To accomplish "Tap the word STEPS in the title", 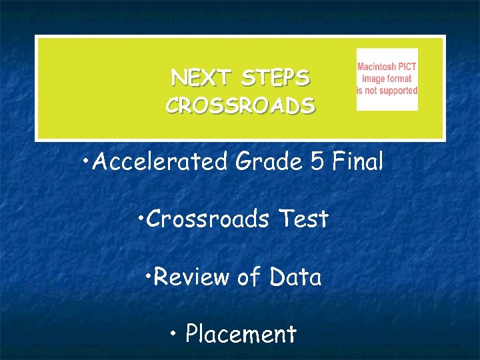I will click(x=275, y=79).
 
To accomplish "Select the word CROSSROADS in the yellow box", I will click(x=240, y=106).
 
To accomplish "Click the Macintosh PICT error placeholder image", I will click(x=387, y=79).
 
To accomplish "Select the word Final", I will click(x=357, y=162).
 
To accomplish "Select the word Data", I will click(x=296, y=277).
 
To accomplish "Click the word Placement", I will click(x=241, y=333).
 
